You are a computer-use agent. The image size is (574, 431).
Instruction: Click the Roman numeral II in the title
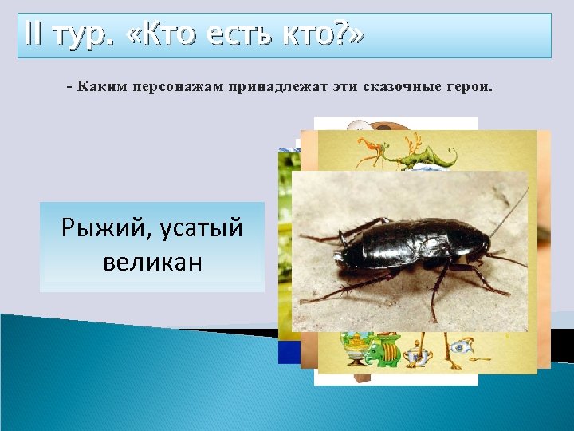click(x=36, y=35)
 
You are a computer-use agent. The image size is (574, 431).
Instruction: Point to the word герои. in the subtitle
click(x=466, y=86)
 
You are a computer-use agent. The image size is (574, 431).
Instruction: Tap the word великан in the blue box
click(x=152, y=262)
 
